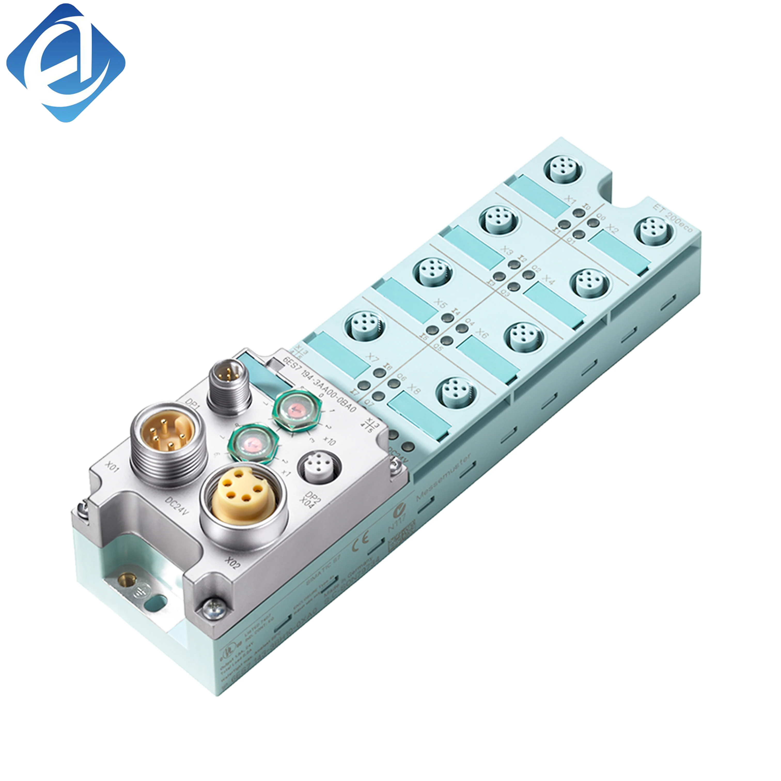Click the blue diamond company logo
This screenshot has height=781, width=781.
[66, 63]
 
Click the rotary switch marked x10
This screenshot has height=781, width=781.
[298, 409]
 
